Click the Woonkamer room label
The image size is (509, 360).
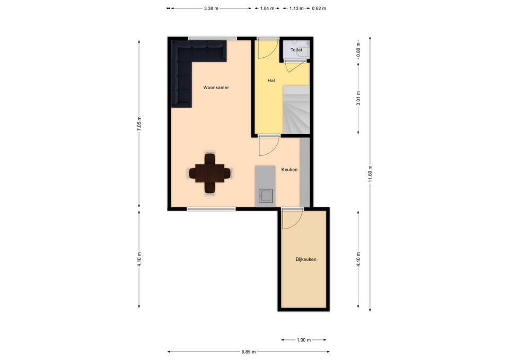(216, 87)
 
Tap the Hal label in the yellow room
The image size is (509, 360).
(271, 80)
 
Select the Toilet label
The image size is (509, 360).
(296, 50)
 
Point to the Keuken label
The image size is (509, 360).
(289, 170)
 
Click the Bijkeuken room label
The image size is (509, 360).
(306, 259)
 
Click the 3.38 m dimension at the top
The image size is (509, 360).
(211, 8)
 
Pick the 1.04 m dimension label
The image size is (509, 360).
(267, 8)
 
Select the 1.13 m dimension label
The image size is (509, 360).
(296, 8)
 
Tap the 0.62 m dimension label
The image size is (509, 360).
(319, 8)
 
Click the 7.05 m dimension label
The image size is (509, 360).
(139, 124)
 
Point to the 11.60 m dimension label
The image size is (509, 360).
(370, 174)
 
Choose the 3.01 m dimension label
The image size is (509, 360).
(358, 98)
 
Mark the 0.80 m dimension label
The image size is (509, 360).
(358, 50)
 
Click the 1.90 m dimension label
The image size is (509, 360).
(303, 340)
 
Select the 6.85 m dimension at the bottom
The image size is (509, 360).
(248, 352)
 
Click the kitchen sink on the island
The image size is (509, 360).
(266, 196)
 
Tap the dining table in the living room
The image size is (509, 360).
(210, 173)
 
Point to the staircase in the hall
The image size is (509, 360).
(296, 109)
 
